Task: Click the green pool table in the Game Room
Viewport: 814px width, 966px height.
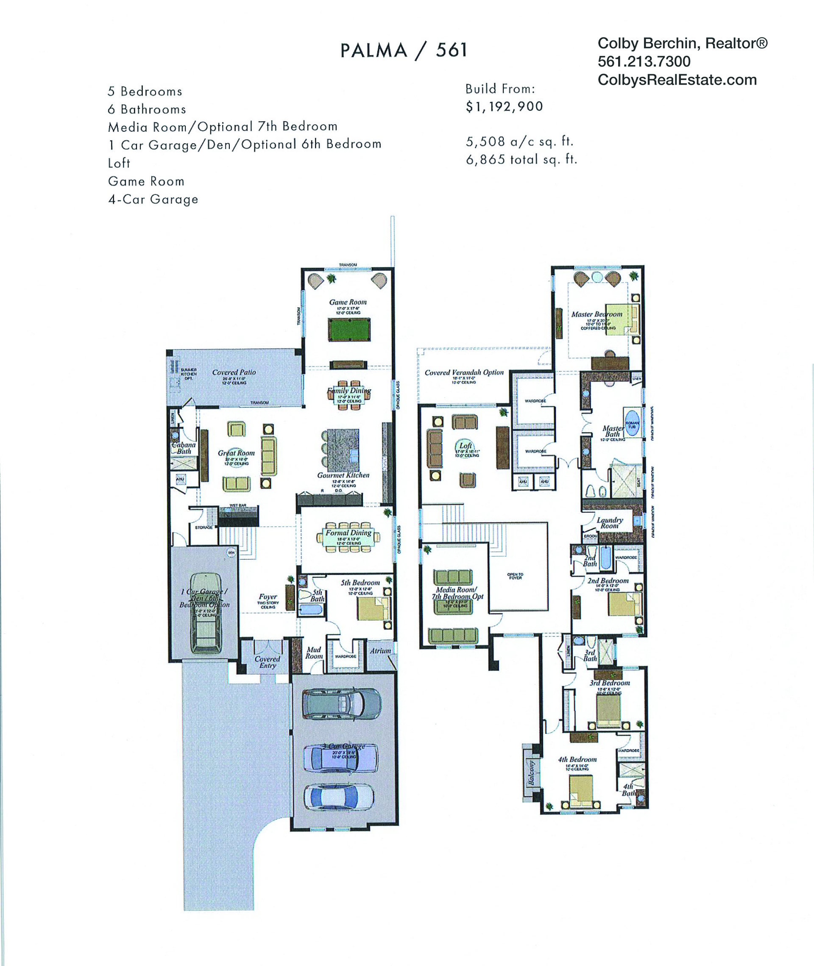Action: [348, 329]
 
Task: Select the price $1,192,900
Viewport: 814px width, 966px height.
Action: [504, 106]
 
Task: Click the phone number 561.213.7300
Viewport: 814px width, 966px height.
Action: [644, 61]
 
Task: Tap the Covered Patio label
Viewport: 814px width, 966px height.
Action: [234, 372]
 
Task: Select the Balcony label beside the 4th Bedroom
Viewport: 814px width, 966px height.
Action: [531, 773]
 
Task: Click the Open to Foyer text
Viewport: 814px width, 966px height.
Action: [515, 576]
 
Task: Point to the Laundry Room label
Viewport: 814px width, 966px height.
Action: [610, 523]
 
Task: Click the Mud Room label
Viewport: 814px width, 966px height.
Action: [314, 652]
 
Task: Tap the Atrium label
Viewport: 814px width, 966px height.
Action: [380, 651]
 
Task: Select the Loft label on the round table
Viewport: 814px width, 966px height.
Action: [466, 445]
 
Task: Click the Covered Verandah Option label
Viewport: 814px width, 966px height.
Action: [464, 372]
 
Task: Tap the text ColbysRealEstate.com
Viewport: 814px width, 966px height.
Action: [677, 80]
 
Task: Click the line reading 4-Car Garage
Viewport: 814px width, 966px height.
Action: [153, 199]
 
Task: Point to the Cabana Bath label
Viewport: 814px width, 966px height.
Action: [184, 448]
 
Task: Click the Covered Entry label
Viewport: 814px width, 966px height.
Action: [267, 662]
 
